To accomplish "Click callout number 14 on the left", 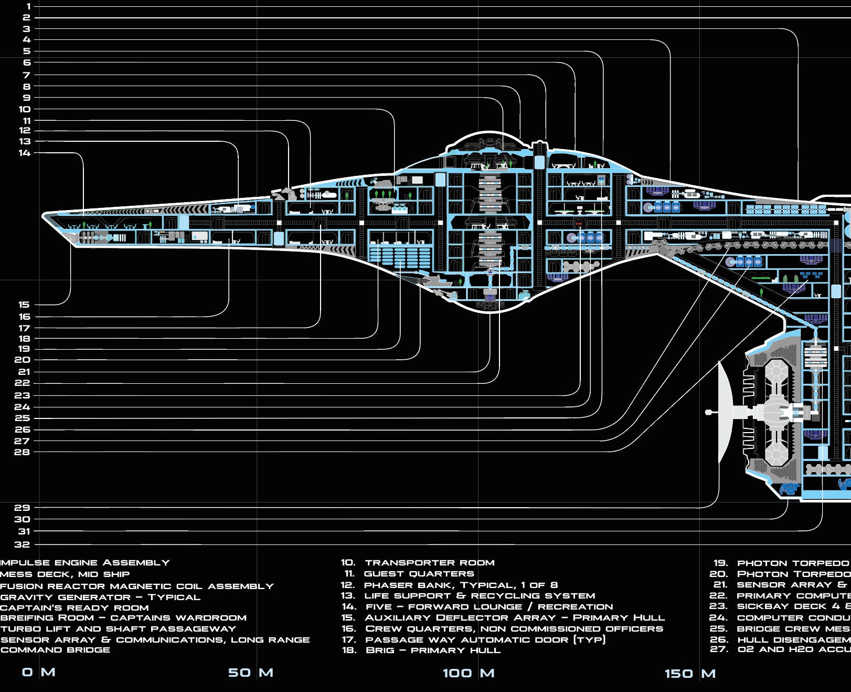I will click(25, 153).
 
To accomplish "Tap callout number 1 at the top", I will click(28, 6).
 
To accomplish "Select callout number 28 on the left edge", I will click(22, 452).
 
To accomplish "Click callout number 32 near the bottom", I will click(22, 544).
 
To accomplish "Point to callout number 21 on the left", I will click(24, 372).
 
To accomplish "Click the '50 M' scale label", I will click(250, 673).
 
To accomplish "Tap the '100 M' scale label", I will click(469, 673).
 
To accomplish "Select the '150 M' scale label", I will click(690, 674).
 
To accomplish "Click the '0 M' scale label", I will click(38, 672).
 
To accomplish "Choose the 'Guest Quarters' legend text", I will click(418, 574).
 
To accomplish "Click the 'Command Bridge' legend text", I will click(55, 650).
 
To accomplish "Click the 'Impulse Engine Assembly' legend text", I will click(85, 563).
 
